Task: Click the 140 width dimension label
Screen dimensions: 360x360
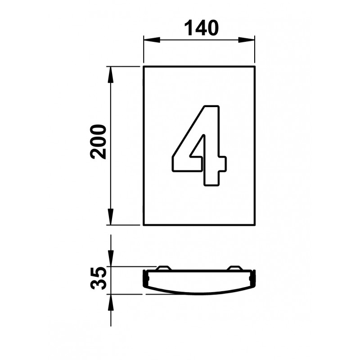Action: (201, 28)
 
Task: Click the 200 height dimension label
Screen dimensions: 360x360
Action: (98, 142)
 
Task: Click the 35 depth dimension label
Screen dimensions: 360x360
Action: (99, 278)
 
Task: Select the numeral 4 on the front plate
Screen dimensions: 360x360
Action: (199, 145)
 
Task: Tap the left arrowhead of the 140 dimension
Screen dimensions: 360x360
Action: (152, 40)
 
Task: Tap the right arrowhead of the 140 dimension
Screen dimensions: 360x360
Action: (247, 40)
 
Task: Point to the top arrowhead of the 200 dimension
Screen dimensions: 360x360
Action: (111, 75)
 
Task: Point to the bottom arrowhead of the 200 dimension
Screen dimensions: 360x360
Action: (111, 217)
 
